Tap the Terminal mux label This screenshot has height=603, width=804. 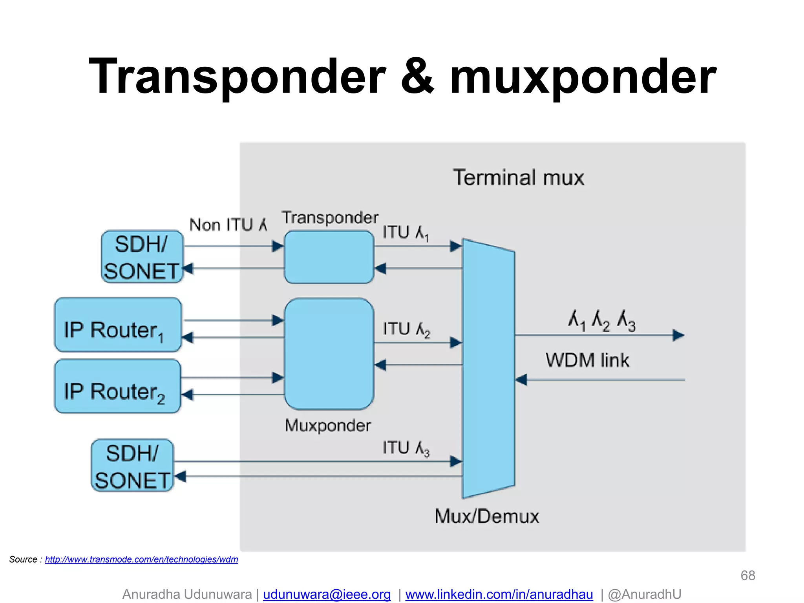pyautogui.click(x=518, y=177)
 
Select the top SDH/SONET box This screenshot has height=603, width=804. pyautogui.click(x=142, y=257)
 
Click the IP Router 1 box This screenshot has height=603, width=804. pyautogui.click(x=118, y=325)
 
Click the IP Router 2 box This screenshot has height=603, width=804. pyautogui.click(x=118, y=386)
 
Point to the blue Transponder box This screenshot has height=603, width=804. pyautogui.click(x=329, y=257)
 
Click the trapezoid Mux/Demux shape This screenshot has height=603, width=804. pyautogui.click(x=488, y=368)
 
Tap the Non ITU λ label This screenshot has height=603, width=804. pyautogui.click(x=228, y=225)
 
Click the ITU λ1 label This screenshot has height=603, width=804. pyautogui.click(x=406, y=233)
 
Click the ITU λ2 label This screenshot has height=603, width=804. pyautogui.click(x=406, y=329)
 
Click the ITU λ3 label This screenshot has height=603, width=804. pyautogui.click(x=406, y=448)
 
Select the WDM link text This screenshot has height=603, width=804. pyautogui.click(x=587, y=360)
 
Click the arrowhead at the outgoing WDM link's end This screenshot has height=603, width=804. pyautogui.click(x=678, y=335)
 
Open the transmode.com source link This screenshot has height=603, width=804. pyautogui.click(x=141, y=559)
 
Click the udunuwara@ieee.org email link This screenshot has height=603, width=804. pyautogui.click(x=327, y=594)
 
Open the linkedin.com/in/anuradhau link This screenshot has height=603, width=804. pyautogui.click(x=499, y=594)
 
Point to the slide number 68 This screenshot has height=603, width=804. pyautogui.click(x=747, y=576)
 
